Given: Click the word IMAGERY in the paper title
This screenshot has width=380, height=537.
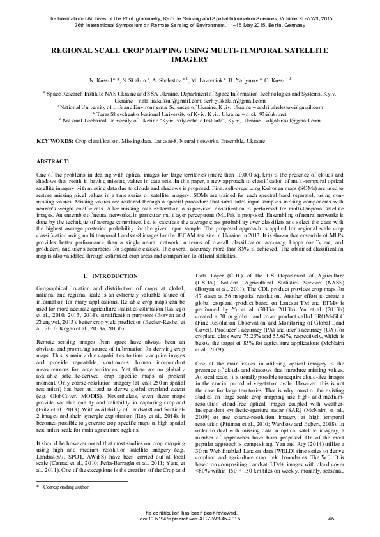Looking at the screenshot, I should click(190, 58).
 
